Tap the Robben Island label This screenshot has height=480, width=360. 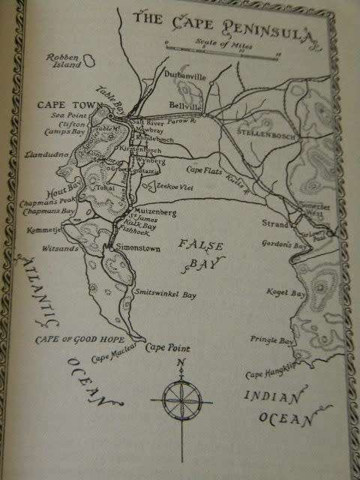[x=61, y=62]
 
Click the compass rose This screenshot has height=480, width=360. [x=181, y=395]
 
